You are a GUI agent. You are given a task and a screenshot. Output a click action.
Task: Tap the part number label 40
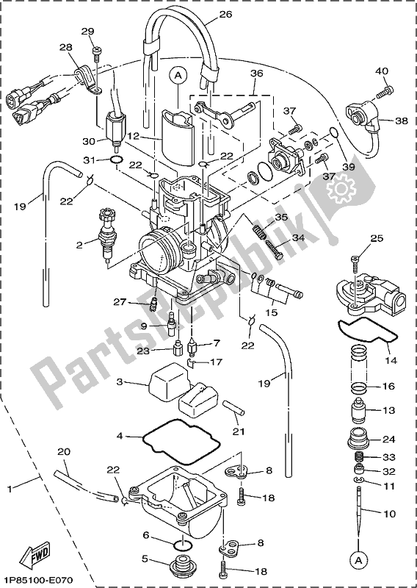click(x=381, y=71)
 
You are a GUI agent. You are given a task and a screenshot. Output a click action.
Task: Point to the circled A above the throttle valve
click(x=178, y=74)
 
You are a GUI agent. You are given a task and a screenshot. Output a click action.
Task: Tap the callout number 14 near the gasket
click(x=390, y=360)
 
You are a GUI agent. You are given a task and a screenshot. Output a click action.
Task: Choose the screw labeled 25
click(x=355, y=259)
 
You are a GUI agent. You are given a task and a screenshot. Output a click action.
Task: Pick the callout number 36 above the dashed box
click(x=255, y=73)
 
